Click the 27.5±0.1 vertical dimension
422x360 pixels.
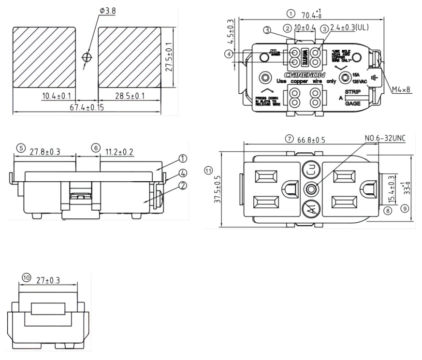click(x=168, y=57)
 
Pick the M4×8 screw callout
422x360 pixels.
click(x=402, y=89)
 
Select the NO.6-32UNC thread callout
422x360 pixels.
click(x=386, y=139)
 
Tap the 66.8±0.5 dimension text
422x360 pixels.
click(x=311, y=140)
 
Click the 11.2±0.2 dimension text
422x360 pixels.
click(x=120, y=152)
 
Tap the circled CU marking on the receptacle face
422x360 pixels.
click(x=310, y=170)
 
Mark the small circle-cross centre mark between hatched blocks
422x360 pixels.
click(x=87, y=57)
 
